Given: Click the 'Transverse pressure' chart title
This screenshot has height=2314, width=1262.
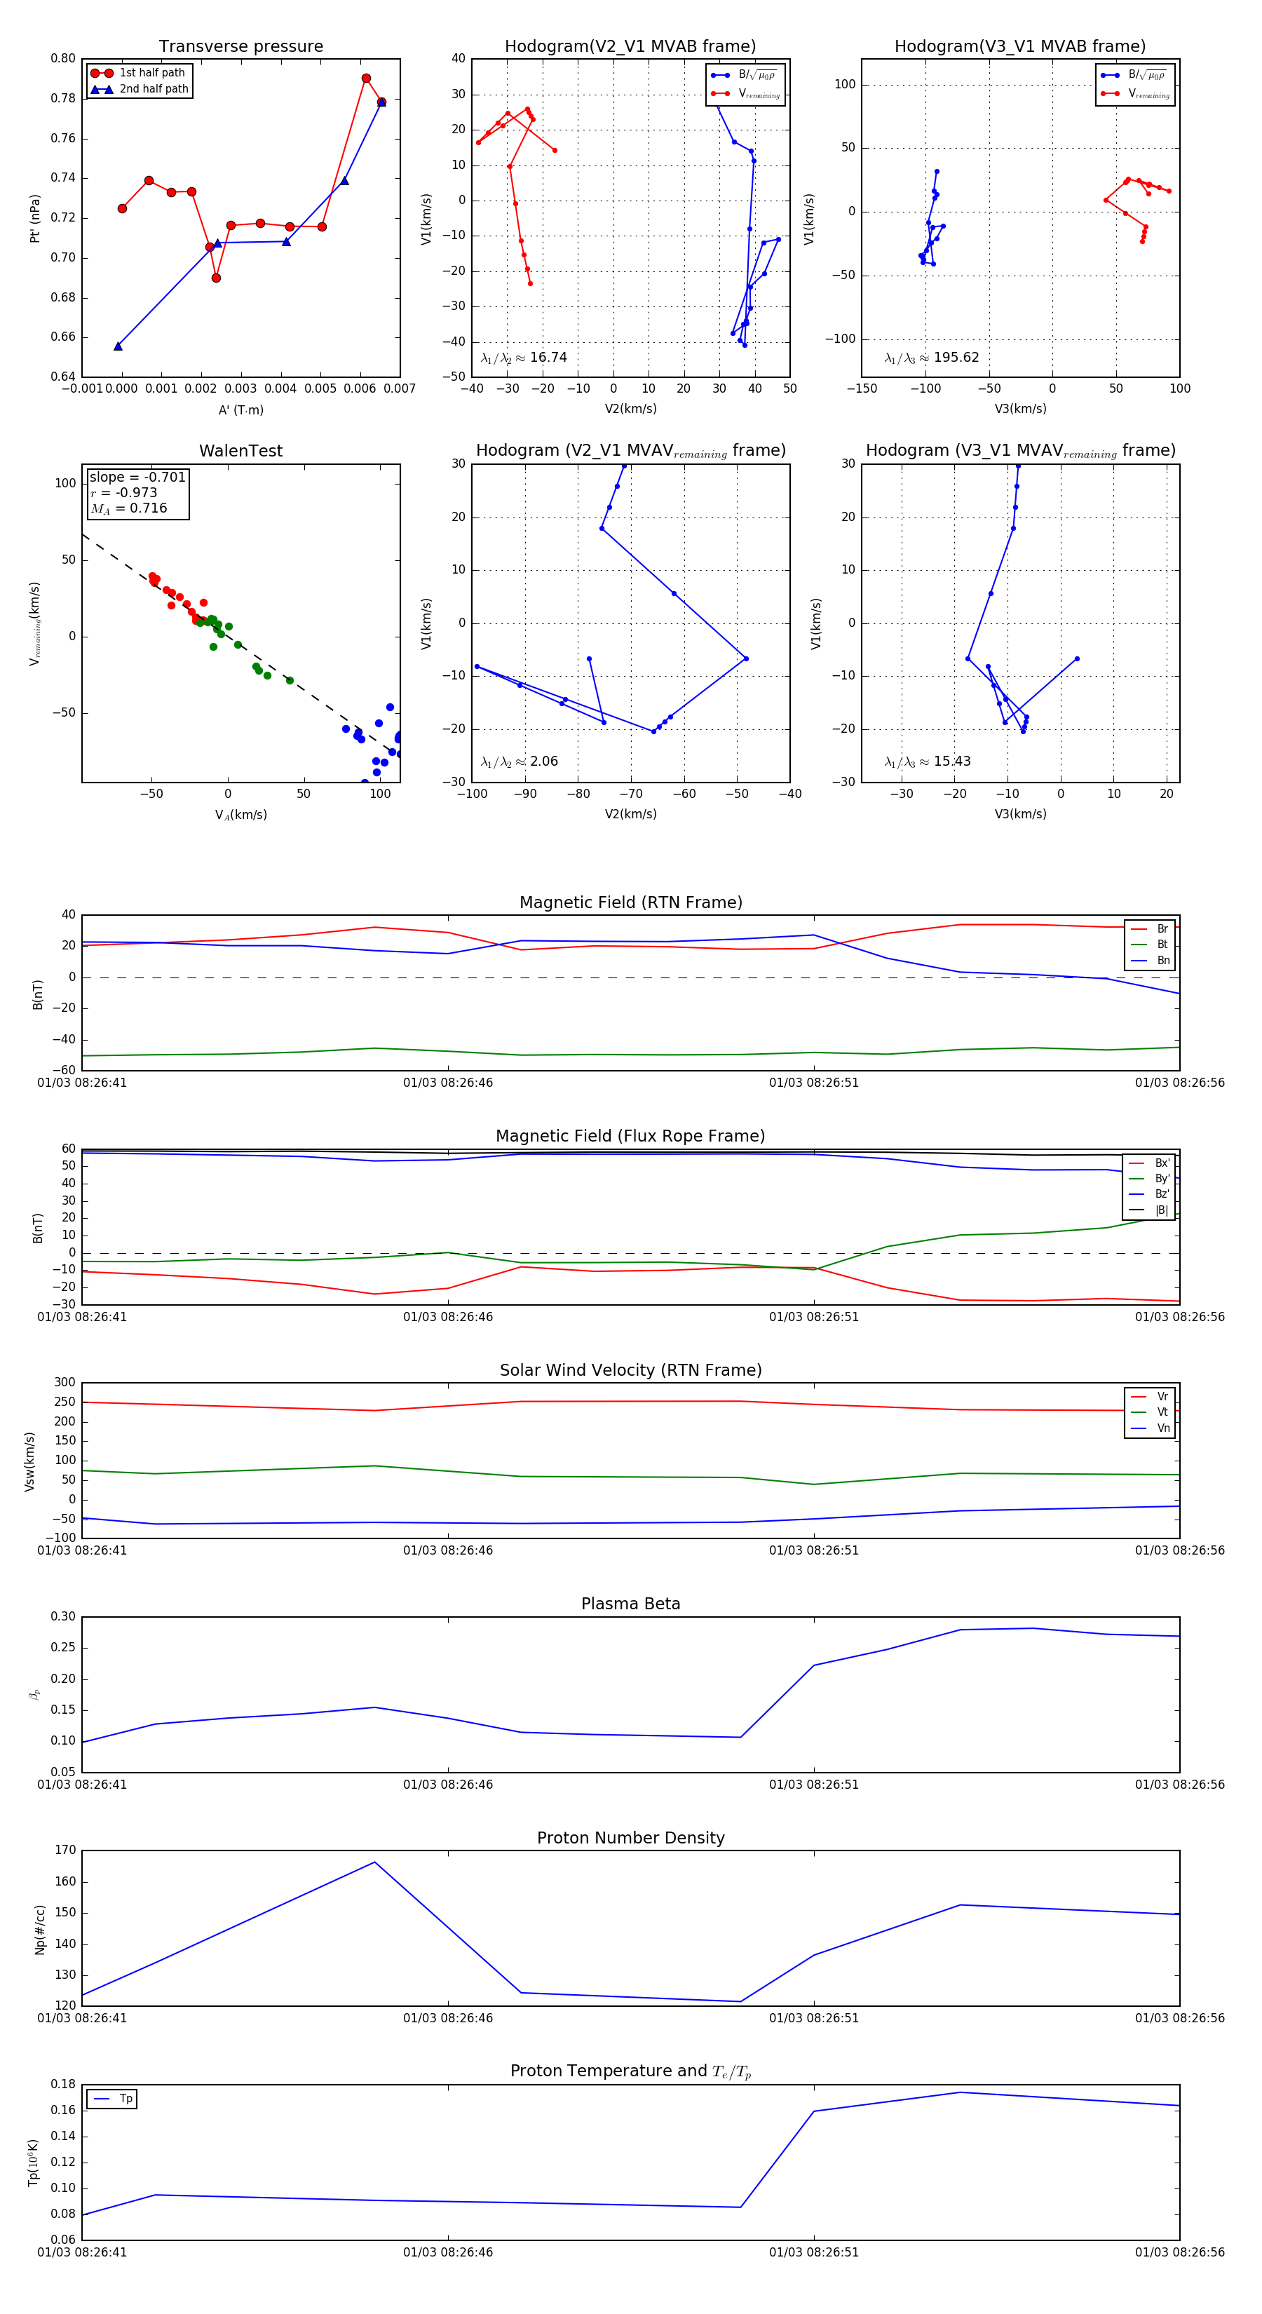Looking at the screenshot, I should click(x=240, y=47).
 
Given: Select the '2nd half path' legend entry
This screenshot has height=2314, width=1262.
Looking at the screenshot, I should click(x=154, y=89).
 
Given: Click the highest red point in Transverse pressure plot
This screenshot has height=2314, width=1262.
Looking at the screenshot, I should click(x=365, y=78).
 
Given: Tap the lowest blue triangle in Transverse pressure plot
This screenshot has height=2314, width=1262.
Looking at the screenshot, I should click(x=118, y=346).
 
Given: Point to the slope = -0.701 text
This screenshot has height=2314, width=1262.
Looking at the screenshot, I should click(x=137, y=477).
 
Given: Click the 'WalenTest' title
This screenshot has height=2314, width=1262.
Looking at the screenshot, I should click(x=240, y=451).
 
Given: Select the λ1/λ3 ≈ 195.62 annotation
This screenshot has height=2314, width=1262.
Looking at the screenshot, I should click(x=932, y=358).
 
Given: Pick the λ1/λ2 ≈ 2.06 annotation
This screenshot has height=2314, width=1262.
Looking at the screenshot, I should click(x=519, y=762).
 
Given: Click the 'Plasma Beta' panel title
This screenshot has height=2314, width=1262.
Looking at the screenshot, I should click(x=630, y=1604).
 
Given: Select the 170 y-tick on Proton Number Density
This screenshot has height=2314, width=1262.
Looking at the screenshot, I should click(x=66, y=1850).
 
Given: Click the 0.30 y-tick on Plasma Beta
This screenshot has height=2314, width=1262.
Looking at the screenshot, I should click(x=63, y=1616).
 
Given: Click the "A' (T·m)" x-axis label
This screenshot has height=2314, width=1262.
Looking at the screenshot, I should click(x=240, y=410).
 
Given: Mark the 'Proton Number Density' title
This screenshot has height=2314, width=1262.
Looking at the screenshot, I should click(x=630, y=1837).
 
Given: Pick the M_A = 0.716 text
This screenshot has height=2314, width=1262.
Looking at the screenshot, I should click(x=128, y=508).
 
